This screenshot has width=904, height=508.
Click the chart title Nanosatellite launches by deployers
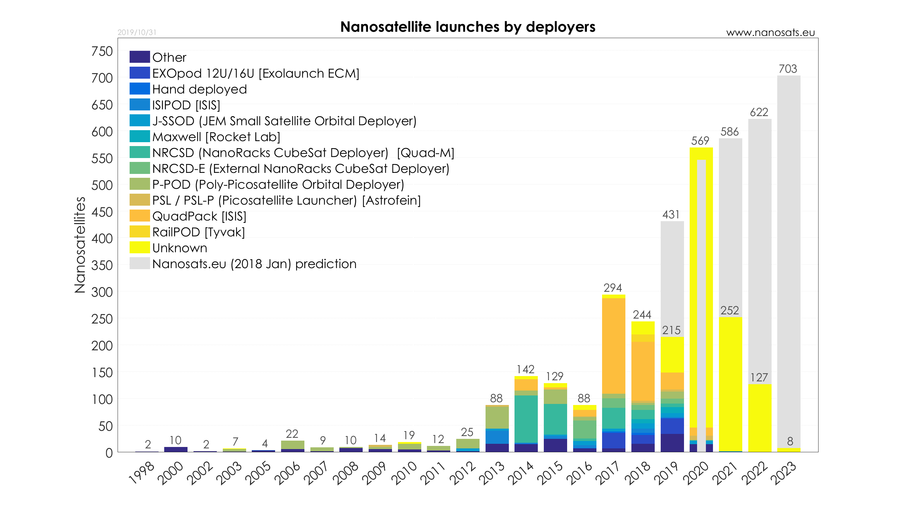[x=468, y=27]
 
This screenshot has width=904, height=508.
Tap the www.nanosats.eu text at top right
[x=770, y=33]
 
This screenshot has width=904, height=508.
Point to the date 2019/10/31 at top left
[x=137, y=32]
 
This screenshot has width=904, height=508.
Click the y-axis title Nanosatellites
[x=80, y=245]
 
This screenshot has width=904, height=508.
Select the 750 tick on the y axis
[x=102, y=52]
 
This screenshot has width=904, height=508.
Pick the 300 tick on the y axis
[x=102, y=292]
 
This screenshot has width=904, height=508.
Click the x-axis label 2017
[x=607, y=473]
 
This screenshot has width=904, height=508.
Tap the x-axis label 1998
[x=141, y=473]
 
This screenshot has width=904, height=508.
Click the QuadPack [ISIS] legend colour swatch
[x=139, y=216]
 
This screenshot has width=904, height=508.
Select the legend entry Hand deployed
[x=199, y=89]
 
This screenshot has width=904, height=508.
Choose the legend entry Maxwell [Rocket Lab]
[x=216, y=137]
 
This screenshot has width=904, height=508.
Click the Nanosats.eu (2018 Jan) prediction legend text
[x=254, y=264]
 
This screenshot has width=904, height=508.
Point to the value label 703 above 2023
[x=788, y=69]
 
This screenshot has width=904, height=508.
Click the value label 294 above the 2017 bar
[x=613, y=288]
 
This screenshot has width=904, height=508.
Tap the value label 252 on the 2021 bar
[x=730, y=310]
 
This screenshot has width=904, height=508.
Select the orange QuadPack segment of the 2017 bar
[x=613, y=346]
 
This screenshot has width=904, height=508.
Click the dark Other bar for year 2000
[x=176, y=449]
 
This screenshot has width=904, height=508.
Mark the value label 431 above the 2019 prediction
[x=671, y=214]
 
